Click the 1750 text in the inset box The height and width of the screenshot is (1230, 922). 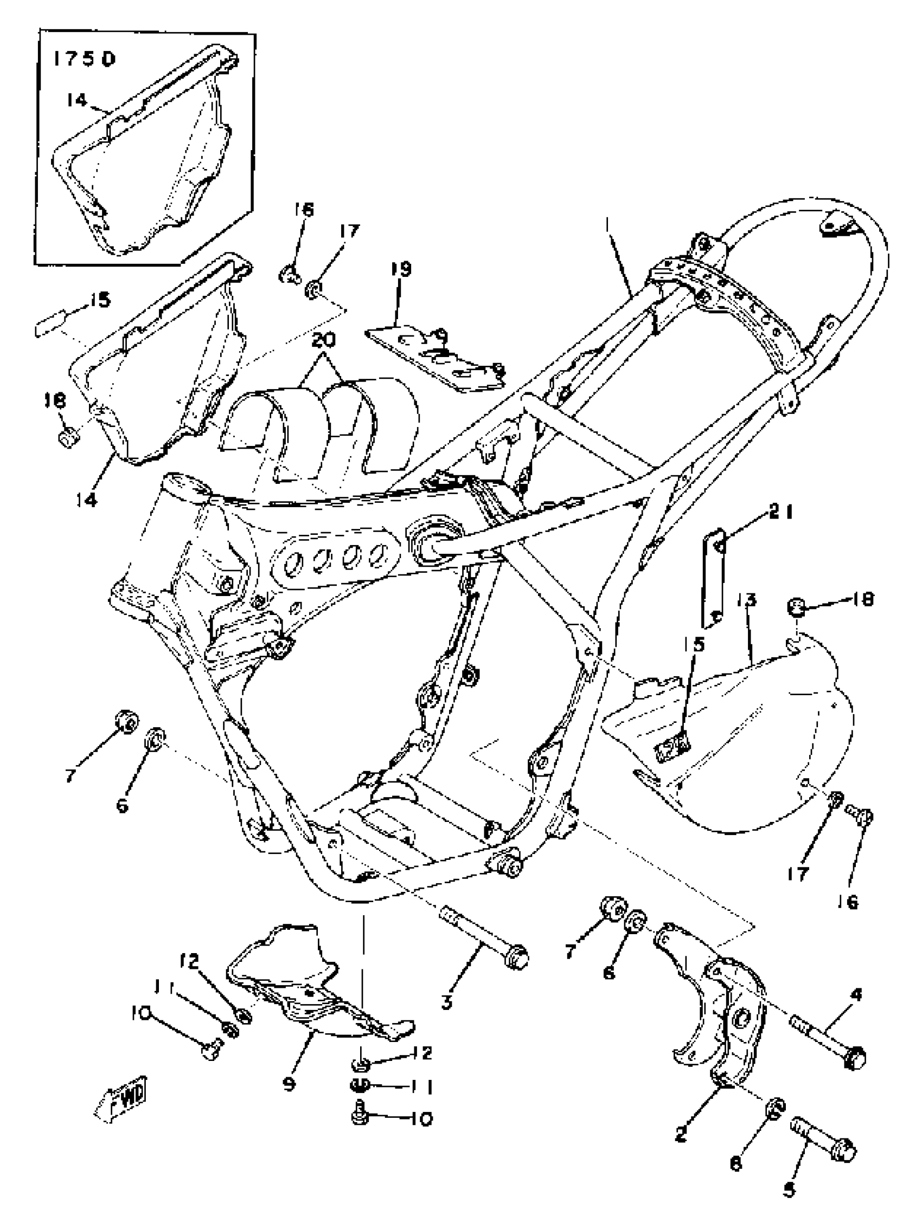pyautogui.click(x=84, y=59)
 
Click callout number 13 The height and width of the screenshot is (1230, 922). pyautogui.click(x=746, y=600)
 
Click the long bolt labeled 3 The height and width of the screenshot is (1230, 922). pyautogui.click(x=483, y=941)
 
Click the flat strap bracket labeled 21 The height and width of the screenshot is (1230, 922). pyautogui.click(x=713, y=575)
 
